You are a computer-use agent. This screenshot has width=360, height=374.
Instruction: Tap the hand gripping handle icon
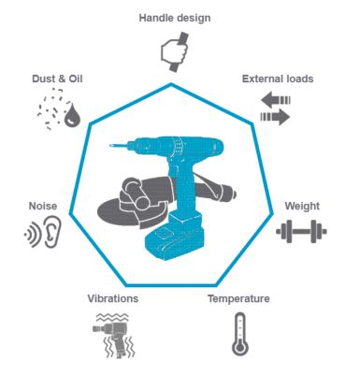pos(172,52)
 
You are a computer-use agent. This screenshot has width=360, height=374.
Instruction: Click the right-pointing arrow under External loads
pos(275,117)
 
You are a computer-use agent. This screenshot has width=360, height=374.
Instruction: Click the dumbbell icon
pos(301,228)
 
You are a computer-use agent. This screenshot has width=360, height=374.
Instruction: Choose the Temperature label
pos(238,299)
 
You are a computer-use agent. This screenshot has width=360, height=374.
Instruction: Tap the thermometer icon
pos(239,335)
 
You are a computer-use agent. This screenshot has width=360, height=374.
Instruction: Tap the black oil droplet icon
pos(71,118)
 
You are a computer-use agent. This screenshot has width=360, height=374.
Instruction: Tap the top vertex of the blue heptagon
pos(172,83)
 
